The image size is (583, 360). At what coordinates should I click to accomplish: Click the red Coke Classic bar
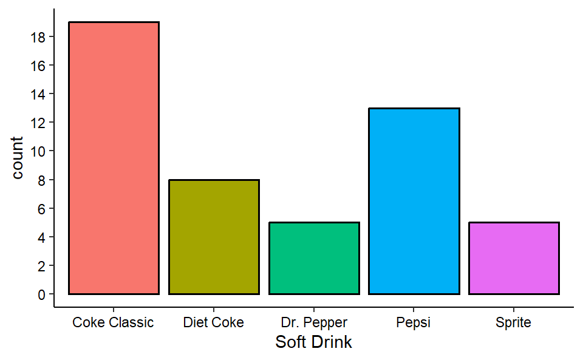tap(114, 158)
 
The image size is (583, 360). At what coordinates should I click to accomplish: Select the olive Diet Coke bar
tap(214, 237)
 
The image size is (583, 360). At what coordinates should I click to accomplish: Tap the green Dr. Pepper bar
tap(314, 258)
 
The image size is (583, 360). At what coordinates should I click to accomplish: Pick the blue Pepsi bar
tap(414, 201)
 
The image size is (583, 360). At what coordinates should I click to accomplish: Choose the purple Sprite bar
tap(514, 258)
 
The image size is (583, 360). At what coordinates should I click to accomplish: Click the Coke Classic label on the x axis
tap(113, 322)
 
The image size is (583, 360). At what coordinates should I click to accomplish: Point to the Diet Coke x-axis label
tap(213, 322)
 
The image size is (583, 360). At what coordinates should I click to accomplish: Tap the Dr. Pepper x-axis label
tap(314, 322)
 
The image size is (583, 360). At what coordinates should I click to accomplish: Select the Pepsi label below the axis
tap(414, 322)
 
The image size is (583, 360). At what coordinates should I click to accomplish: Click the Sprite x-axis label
tap(514, 322)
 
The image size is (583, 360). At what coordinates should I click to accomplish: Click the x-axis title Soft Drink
tap(313, 342)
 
